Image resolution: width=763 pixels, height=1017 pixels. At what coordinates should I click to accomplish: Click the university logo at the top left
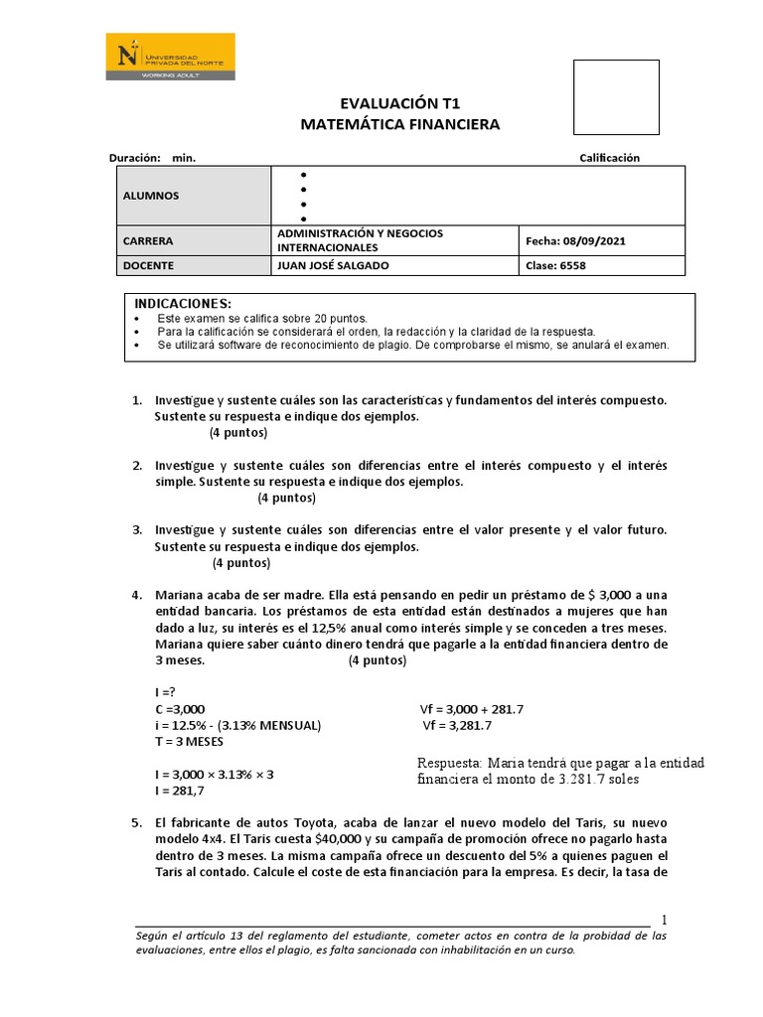coord(171,57)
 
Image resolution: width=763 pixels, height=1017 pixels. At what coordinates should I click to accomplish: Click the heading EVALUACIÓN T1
coord(400,103)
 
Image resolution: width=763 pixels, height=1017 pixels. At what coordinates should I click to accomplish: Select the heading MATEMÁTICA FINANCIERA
coord(400,124)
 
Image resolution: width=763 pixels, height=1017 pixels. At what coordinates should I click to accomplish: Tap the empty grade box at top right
coord(617,97)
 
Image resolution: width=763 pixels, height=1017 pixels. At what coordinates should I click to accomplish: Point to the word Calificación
coord(609,158)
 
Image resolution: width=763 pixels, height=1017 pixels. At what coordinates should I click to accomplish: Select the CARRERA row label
coord(148,240)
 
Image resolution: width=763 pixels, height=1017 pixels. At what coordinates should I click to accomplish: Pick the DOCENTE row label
coord(148,265)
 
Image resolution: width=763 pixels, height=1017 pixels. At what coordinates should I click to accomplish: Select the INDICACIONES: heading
coord(183,303)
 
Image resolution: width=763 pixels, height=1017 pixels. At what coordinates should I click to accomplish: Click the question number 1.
coord(137,399)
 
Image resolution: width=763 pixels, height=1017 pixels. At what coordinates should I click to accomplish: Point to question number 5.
coord(137,823)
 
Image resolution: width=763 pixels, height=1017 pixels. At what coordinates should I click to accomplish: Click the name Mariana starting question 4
coord(182,596)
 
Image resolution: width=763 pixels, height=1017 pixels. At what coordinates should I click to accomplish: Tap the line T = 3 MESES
coord(189,742)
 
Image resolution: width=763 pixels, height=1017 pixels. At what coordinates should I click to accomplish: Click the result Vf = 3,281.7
coord(458,725)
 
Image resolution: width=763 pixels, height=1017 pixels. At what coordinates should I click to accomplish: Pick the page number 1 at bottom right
coord(665,919)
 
